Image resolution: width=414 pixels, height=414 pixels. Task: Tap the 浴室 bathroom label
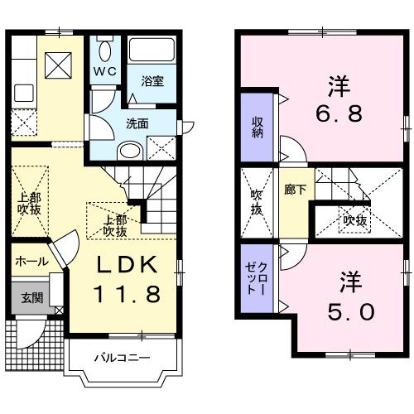[x=152, y=81]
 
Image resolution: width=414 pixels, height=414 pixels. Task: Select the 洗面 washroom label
[x=137, y=123]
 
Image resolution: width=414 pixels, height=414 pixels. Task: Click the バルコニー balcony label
[x=121, y=359]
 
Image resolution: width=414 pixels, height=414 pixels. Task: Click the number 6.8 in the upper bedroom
[x=339, y=113]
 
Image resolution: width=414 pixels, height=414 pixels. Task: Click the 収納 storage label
[x=258, y=128]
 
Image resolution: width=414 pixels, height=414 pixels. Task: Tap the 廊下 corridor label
[x=294, y=190]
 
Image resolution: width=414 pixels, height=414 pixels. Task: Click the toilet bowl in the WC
[x=104, y=45]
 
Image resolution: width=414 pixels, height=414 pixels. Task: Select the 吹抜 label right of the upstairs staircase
[x=356, y=220]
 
